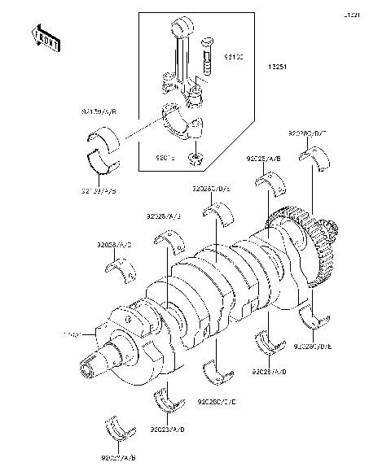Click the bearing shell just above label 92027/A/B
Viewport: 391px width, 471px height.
point(116,432)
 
